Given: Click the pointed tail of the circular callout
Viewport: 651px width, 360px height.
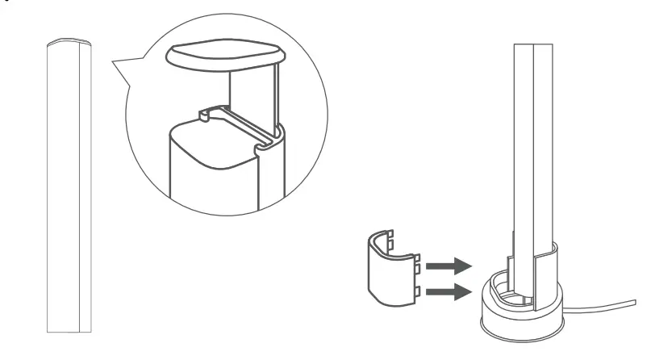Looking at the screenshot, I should click(x=114, y=62).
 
